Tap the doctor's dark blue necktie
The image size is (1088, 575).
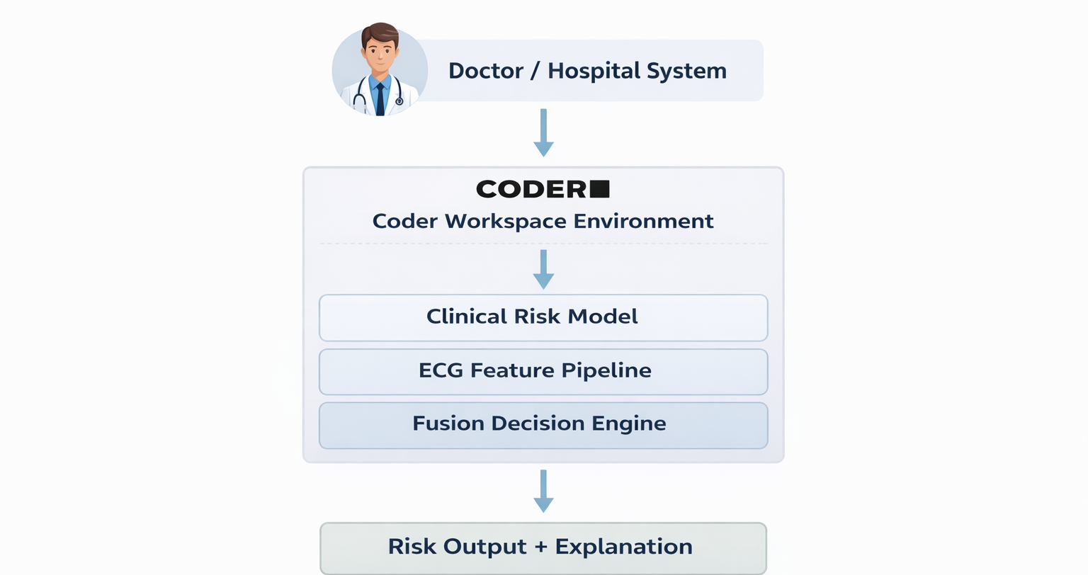coord(380,98)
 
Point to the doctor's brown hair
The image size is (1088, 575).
coord(380,33)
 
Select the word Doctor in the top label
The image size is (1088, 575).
coord(486,71)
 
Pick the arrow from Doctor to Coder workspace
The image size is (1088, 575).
coord(543,132)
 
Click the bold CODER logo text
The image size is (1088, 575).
coord(531,189)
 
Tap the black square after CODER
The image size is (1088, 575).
coord(599,189)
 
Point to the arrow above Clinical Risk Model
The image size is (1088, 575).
coord(543,269)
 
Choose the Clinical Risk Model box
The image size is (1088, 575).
coord(543,317)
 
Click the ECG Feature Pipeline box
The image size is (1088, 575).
coord(543,371)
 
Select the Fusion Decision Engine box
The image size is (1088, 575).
coord(543,425)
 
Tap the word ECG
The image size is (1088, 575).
coord(441,370)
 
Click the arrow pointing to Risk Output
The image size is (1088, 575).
coord(543,491)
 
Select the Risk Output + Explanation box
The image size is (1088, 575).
coord(543,547)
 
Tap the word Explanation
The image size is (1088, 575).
coord(623,547)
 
